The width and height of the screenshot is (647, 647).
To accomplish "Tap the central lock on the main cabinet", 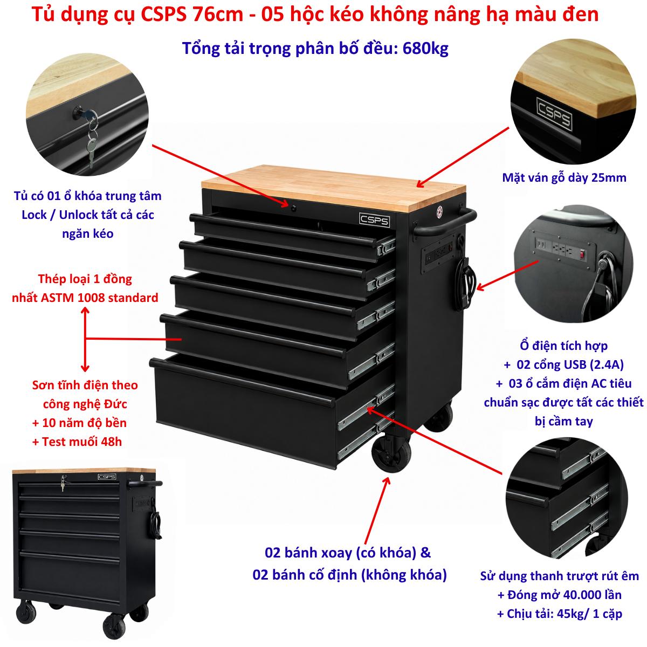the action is tap(293, 208).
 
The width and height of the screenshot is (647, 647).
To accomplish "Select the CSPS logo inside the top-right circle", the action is tap(554, 113).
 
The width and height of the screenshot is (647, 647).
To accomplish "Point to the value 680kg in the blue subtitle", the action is tap(425, 49).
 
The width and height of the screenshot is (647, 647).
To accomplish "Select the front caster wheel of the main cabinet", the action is tap(391, 453).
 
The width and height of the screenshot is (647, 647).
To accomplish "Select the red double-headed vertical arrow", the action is tap(85, 339).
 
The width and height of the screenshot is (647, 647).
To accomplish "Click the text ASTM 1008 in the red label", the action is tap(73, 298).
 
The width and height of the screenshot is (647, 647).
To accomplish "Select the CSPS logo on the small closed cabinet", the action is tap(107, 477).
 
